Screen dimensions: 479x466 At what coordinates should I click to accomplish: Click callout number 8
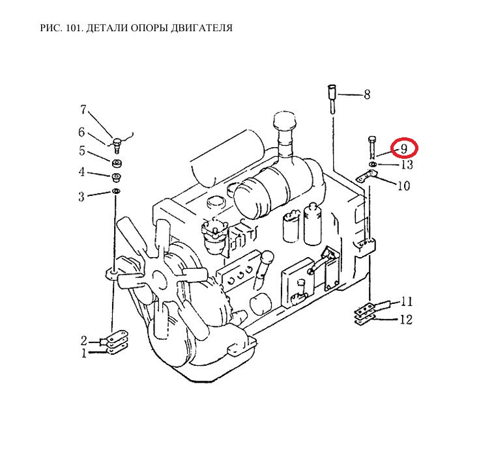pos(367,94)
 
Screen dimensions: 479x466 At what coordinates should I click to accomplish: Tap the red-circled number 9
pos(404,148)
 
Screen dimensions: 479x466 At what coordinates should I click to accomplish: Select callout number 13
pos(407,165)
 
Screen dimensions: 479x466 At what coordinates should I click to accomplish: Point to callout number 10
pos(403,185)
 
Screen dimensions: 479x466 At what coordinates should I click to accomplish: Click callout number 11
pos(406,301)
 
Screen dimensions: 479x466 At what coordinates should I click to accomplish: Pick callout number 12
pos(406,320)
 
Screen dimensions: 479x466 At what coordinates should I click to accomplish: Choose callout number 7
pos(83,109)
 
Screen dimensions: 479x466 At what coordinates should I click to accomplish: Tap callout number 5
pos(82,151)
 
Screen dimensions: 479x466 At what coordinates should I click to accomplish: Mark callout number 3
pos(81,197)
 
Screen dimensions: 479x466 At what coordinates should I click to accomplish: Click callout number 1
pos(84,353)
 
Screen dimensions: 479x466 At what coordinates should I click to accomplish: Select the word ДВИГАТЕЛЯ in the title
pos(201,28)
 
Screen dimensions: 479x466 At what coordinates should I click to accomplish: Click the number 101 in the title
pos(73,28)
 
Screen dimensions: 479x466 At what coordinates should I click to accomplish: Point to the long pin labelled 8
pos(332,100)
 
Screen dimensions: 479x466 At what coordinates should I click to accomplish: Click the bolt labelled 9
pos(372,147)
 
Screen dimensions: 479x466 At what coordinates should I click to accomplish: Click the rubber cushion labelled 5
pos(117,163)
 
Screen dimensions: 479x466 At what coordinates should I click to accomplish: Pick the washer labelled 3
pos(116,191)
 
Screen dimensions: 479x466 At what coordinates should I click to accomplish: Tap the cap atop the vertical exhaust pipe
pos(285,120)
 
